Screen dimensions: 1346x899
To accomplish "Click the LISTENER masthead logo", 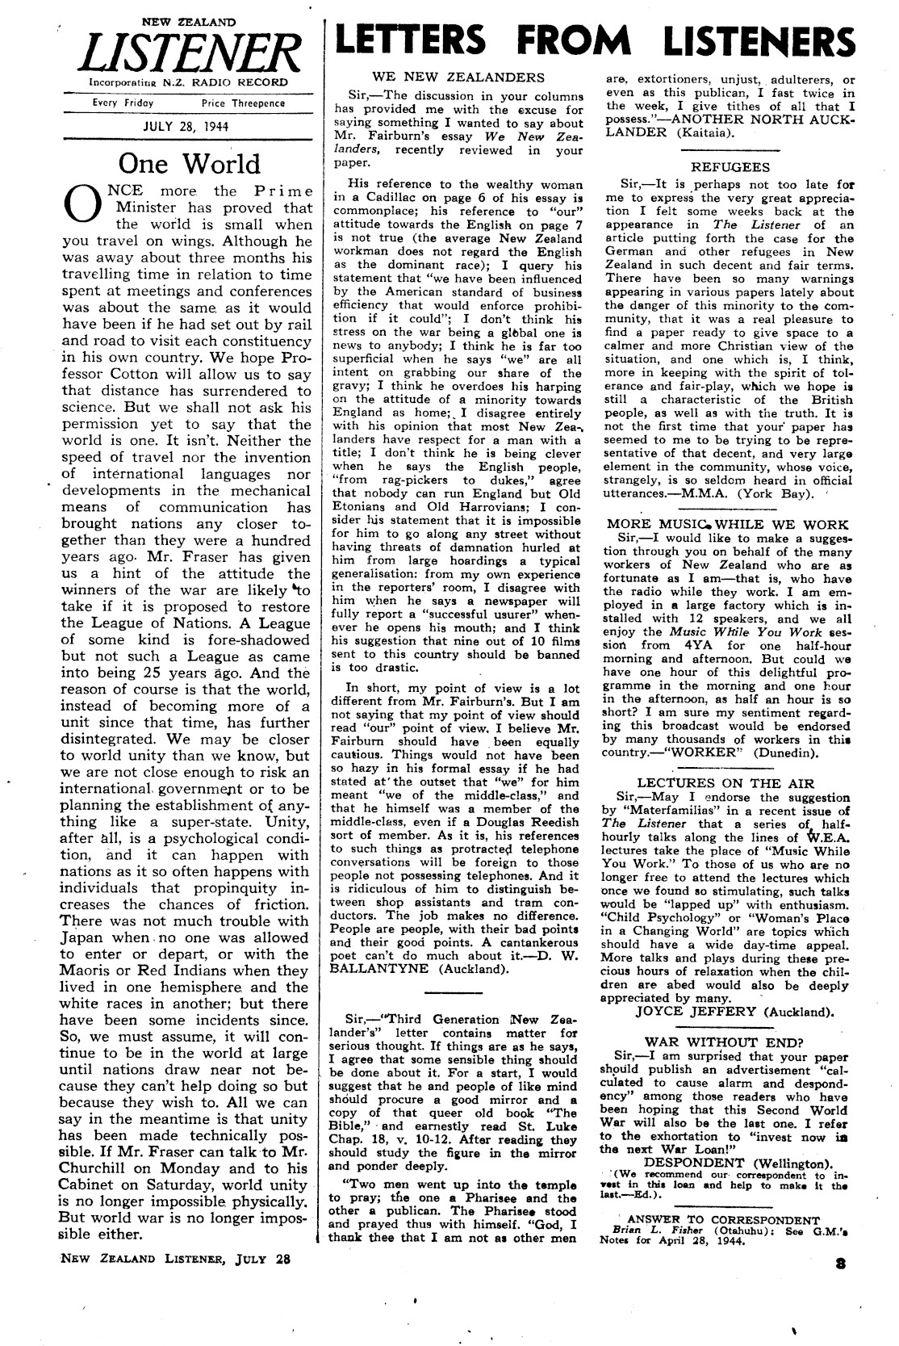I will click(x=187, y=54).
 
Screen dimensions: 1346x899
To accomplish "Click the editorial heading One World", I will click(x=189, y=164).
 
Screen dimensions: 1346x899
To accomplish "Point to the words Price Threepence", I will click(x=243, y=103).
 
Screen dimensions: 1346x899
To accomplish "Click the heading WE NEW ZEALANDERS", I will click(x=458, y=78).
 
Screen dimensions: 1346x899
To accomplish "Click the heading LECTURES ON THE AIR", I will click(x=725, y=782).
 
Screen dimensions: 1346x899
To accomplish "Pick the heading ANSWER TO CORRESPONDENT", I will click(x=723, y=1220).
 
